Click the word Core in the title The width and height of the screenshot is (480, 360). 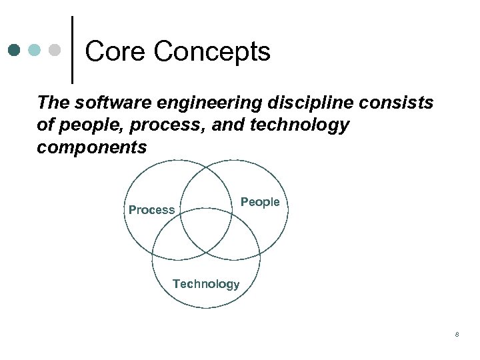click(112, 51)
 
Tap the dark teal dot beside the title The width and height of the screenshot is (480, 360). click(15, 51)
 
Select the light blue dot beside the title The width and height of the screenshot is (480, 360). click(35, 51)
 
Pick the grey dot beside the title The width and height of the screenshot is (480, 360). click(55, 51)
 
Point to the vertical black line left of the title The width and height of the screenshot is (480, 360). click(72, 50)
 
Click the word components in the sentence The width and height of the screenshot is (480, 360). click(91, 147)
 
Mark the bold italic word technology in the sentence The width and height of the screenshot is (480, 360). click(302, 125)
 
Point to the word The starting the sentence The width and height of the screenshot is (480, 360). click(53, 103)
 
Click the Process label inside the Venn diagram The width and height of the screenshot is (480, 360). click(151, 210)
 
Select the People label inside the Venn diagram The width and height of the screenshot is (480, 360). click(260, 202)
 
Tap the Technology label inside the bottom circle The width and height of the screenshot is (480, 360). click(206, 284)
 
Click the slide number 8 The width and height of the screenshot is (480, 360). click(457, 334)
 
